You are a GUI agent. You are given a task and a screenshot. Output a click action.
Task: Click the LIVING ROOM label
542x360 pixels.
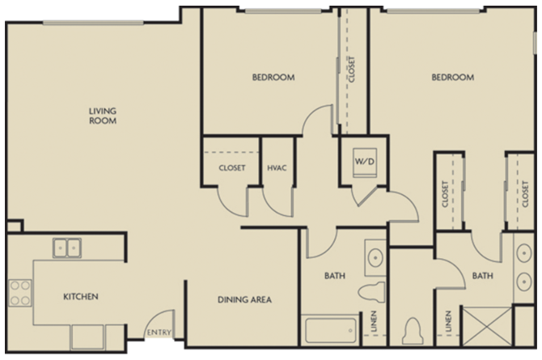pos(103,116)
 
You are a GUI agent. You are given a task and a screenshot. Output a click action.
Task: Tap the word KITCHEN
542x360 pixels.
pos(81,297)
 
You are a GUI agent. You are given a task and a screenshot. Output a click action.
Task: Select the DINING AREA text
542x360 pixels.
pos(244,300)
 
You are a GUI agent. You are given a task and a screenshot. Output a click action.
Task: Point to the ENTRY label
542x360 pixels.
pos(158,332)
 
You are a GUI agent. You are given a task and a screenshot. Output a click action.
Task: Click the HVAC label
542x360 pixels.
pos(277,168)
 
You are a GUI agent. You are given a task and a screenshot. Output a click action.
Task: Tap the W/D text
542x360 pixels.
pos(362,160)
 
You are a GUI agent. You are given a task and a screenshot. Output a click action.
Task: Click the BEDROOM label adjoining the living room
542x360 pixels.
pos(273,78)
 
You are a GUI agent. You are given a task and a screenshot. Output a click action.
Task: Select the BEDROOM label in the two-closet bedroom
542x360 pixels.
pos(452,78)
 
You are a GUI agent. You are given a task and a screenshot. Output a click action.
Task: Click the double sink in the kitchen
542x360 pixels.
pos(67,247)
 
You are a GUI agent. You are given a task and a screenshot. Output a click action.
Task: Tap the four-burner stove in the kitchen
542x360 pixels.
pos(19,293)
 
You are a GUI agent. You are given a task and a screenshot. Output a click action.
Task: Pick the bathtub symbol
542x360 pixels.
pos(331,332)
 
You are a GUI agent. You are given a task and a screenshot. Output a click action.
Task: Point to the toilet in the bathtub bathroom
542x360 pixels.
pos(374,293)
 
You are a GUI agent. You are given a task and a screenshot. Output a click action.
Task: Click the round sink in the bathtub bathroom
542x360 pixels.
pos(375,258)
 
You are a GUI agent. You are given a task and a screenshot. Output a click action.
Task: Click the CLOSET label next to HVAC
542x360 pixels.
pos(231,168)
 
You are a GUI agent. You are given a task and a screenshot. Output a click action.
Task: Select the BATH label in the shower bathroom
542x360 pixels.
pos(483,277)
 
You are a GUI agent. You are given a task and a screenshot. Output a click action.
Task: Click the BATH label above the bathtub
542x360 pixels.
pos(335,277)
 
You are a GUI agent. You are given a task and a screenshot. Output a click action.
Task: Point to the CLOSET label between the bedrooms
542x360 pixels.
pos(352,70)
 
